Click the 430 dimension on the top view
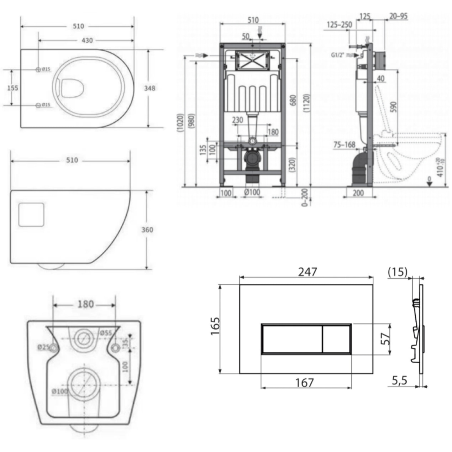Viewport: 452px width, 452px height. pyautogui.click(x=87, y=41)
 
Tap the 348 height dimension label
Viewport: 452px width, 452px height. pyautogui.click(x=150, y=88)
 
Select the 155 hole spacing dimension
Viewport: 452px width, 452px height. pyautogui.click(x=13, y=88)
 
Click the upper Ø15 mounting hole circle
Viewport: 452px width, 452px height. pyautogui.click(x=38, y=69)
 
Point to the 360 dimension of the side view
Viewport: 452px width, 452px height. pyautogui.click(x=147, y=230)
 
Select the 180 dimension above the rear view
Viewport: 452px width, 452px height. pyautogui.click(x=85, y=304)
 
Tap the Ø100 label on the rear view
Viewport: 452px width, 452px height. pyautogui.click(x=59, y=391)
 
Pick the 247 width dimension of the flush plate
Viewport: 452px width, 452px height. pyautogui.click(x=307, y=272)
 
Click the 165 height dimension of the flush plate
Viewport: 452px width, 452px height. pyautogui.click(x=216, y=326)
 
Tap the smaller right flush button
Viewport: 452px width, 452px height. pyautogui.click(x=336, y=339)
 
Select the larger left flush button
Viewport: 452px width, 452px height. pyautogui.click(x=292, y=339)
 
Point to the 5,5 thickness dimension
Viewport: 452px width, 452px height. pyautogui.click(x=399, y=381)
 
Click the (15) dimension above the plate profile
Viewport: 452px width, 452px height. pyautogui.click(x=397, y=272)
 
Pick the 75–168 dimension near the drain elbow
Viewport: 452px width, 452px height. pyautogui.click(x=345, y=144)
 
